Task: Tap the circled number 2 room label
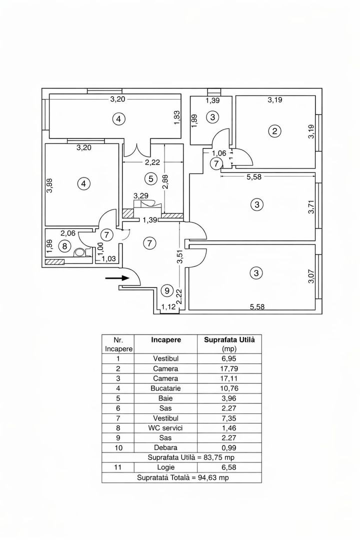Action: [274, 131]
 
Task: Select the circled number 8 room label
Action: [64, 246]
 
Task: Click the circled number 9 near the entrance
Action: [167, 290]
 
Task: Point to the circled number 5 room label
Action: [149, 177]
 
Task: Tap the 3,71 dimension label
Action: [310, 205]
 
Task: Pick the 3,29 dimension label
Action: [141, 196]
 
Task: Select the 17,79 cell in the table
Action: [229, 368]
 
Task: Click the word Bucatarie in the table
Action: [165, 388]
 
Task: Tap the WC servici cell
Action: [165, 427]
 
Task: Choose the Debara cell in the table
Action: [165, 447]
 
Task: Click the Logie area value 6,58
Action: [229, 467]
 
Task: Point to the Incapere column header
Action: [165, 340]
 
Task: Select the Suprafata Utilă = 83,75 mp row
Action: [181, 457]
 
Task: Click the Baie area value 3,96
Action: [229, 398]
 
